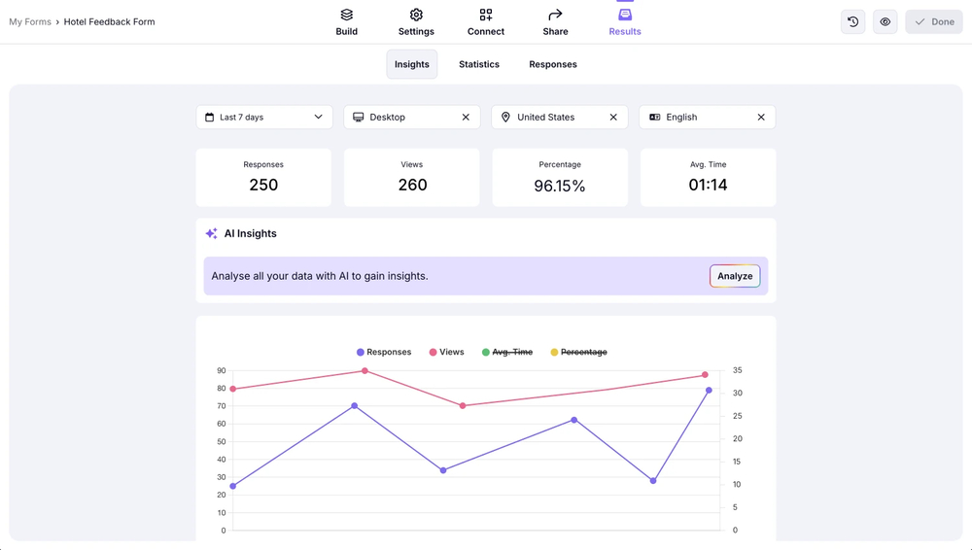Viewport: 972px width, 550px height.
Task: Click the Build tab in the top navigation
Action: [x=346, y=22]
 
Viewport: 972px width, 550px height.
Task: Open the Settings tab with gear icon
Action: [x=416, y=22]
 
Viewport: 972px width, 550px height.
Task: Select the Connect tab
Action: [x=485, y=22]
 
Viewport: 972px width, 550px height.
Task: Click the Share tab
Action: [x=555, y=22]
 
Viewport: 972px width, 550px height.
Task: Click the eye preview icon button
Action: [x=885, y=21]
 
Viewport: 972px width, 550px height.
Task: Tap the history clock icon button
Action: [x=852, y=21]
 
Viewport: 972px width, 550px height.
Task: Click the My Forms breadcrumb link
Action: [x=30, y=21]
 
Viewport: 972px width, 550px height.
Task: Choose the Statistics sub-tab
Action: [x=479, y=64]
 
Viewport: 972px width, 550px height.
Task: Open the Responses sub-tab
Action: [x=553, y=64]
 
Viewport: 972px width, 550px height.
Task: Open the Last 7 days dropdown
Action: [x=264, y=117]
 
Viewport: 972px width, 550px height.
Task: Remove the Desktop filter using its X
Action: [x=466, y=117]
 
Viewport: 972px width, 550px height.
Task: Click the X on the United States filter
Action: [x=613, y=117]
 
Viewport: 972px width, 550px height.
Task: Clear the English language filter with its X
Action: [x=761, y=117]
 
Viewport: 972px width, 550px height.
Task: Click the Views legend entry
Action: [x=447, y=352]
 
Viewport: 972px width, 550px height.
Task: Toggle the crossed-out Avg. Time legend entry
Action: [x=507, y=352]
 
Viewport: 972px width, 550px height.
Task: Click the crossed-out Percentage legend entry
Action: [x=579, y=352]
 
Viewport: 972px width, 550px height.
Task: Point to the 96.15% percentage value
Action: [x=560, y=186]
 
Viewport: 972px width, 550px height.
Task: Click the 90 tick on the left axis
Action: [x=222, y=370]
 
